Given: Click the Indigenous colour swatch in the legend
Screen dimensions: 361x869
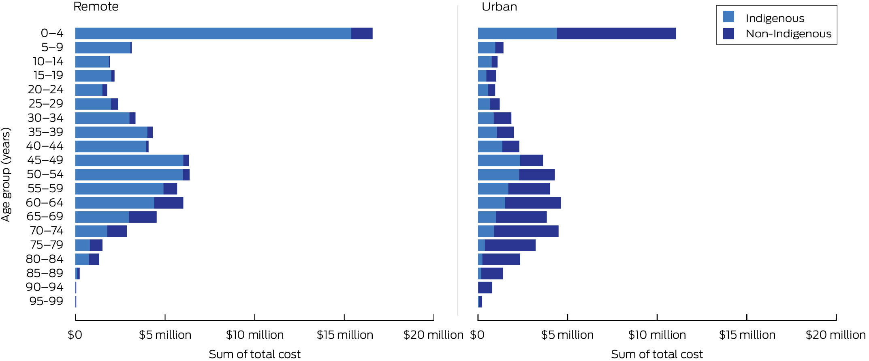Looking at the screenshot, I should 728,17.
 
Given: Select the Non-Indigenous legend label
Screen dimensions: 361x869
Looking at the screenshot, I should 788,34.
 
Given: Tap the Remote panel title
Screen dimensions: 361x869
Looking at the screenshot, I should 96,6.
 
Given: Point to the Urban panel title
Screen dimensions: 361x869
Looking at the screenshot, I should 499,7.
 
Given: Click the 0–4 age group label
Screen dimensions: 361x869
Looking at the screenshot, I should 52,33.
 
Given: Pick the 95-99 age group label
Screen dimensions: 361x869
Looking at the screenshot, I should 46,301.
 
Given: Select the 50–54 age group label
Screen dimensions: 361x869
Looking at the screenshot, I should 45,174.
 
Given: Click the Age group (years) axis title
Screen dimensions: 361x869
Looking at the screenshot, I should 6,174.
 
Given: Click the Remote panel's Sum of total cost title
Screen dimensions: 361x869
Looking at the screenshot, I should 254,354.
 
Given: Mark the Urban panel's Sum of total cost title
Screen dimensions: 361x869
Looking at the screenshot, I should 657,354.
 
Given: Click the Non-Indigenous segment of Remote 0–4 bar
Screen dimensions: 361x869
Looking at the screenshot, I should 361,34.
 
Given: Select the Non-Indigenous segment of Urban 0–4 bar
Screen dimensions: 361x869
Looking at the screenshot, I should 616,34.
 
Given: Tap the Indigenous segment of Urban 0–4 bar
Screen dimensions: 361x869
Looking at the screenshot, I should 517,34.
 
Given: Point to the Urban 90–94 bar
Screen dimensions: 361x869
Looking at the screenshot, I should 485,288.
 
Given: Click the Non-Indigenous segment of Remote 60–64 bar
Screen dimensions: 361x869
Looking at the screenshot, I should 169,203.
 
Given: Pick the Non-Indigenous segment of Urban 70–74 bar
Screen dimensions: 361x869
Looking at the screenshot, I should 526,231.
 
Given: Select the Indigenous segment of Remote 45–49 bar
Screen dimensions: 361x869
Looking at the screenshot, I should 129,161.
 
